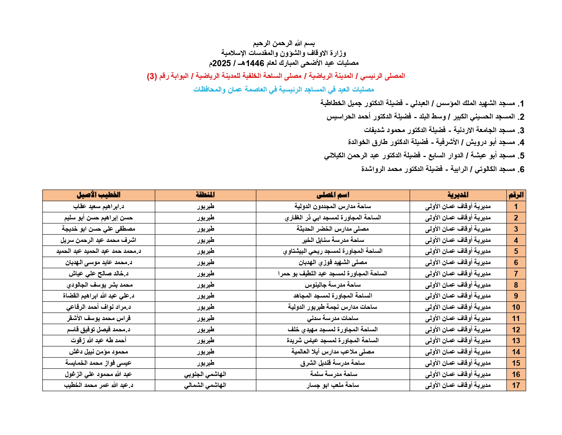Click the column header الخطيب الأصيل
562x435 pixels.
click(98, 195)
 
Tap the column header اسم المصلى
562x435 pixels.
click(333, 195)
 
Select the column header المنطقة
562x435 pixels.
click(205, 195)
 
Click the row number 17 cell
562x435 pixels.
click(516, 386)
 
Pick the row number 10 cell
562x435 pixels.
click(516, 307)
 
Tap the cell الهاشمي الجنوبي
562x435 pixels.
click(205, 374)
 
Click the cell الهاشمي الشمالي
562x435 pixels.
click(205, 386)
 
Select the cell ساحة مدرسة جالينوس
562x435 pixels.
click(333, 285)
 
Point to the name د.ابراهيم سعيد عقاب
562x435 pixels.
click(98, 206)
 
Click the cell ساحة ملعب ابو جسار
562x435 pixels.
click(333, 386)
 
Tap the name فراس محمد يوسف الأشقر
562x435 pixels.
click(98, 318)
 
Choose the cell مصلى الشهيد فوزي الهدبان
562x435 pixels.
click(333, 262)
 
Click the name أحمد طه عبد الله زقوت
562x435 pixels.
click(98, 340)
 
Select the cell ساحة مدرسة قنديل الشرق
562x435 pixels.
click(333, 363)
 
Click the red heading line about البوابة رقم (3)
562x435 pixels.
click(276, 76)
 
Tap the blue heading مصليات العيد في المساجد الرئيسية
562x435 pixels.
click(284, 89)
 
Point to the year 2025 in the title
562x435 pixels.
click(221, 63)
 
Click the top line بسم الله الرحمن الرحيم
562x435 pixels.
click(284, 43)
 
